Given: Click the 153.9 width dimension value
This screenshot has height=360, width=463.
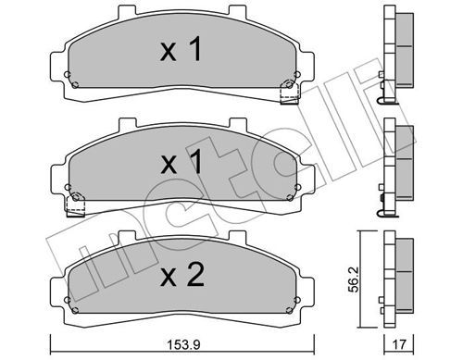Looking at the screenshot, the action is coord(183,344).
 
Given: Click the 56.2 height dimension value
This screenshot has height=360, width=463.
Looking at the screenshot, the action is coord(354,279).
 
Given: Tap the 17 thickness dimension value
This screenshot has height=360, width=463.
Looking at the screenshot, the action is coord(398,344).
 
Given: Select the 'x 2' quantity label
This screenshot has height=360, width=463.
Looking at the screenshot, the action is coord(182,275).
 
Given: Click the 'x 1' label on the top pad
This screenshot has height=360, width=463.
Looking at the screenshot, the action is coord(181,49).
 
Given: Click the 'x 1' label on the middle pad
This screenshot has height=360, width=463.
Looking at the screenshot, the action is coord(181,162).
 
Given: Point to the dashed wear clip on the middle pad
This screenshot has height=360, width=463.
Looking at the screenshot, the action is coord(76,205).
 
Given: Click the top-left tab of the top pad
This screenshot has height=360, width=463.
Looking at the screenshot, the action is coord(127,10).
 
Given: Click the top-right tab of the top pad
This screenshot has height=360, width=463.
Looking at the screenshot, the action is coord(237,10).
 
